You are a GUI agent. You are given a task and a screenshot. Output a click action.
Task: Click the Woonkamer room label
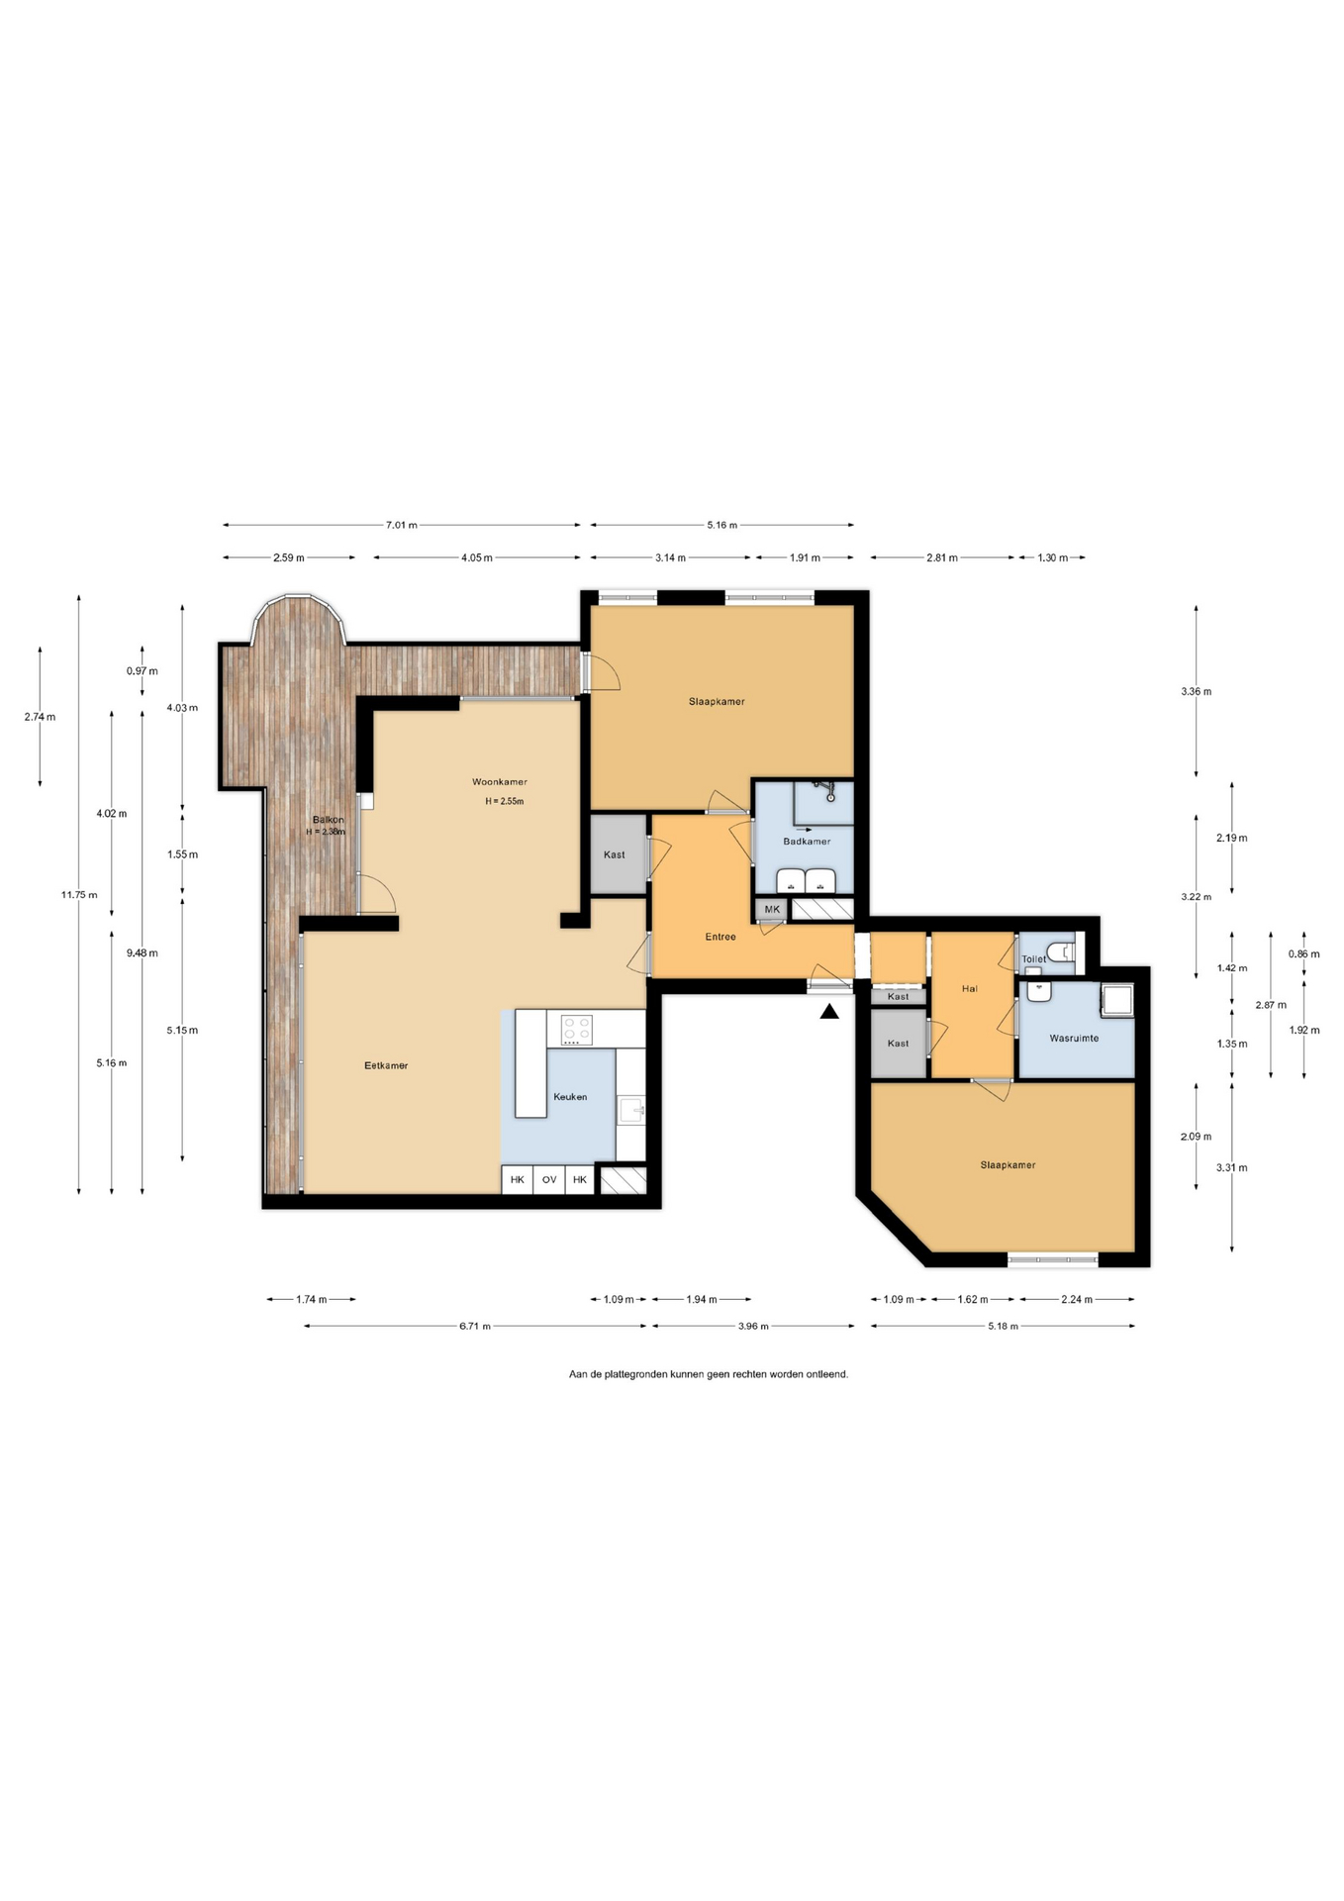pyautogui.click(x=500, y=782)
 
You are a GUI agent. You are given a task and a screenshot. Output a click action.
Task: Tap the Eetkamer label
pyautogui.click(x=386, y=1065)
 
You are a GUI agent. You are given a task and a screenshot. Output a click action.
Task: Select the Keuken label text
pyautogui.click(x=570, y=1096)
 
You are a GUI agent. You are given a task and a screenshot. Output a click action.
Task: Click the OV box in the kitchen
pyautogui.click(x=549, y=1179)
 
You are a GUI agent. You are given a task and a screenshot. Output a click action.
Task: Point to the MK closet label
pyautogui.click(x=772, y=909)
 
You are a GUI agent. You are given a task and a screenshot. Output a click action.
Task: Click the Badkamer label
pyautogui.click(x=807, y=842)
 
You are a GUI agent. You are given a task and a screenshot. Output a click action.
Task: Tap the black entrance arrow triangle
pyautogui.click(x=829, y=1011)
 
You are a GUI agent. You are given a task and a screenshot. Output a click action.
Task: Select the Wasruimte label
pyautogui.click(x=1074, y=1038)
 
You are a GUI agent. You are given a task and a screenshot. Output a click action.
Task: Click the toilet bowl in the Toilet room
pyautogui.click(x=1063, y=952)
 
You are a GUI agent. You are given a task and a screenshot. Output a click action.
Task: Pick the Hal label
pyautogui.click(x=970, y=988)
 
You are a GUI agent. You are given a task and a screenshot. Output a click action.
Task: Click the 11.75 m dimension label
pyautogui.click(x=79, y=895)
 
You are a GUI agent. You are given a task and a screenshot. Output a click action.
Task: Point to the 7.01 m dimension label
pyautogui.click(x=402, y=525)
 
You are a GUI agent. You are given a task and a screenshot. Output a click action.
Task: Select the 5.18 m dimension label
pyautogui.click(x=1003, y=1326)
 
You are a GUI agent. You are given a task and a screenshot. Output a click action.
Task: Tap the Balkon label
pyautogui.click(x=329, y=820)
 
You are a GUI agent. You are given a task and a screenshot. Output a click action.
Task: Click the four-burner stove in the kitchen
pyautogui.click(x=577, y=1030)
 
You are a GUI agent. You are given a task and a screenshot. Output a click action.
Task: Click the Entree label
pyautogui.click(x=720, y=937)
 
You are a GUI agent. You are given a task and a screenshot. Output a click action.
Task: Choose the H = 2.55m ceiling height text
pyautogui.click(x=504, y=801)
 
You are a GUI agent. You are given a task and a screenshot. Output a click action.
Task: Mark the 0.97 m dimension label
pyautogui.click(x=142, y=670)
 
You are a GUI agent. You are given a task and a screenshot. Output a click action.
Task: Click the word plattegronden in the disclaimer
pyautogui.click(x=636, y=1374)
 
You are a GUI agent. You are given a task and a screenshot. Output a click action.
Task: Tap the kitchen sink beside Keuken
pyautogui.click(x=631, y=1110)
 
